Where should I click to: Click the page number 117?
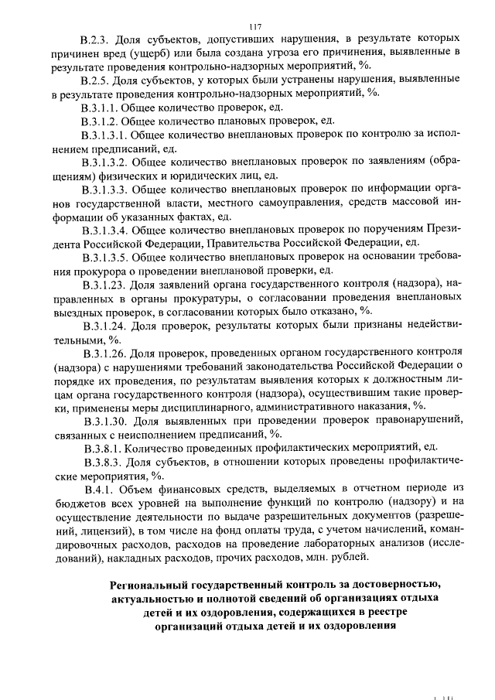point(247,26)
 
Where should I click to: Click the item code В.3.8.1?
point(101,449)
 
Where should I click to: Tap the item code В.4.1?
point(102,490)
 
